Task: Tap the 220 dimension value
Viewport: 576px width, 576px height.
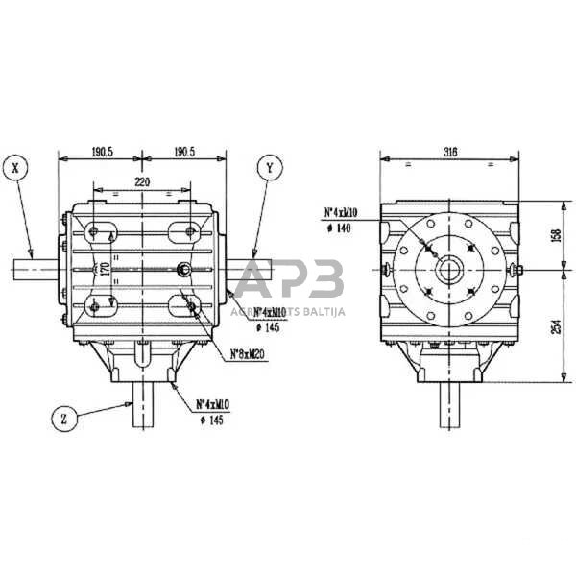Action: [142, 180]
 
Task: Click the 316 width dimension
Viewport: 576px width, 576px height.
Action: [450, 152]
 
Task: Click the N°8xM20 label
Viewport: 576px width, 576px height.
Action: [249, 355]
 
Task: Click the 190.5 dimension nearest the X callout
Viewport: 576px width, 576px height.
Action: [101, 152]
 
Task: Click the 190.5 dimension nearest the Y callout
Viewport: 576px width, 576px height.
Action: [183, 152]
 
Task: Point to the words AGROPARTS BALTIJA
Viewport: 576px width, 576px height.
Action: [288, 311]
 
